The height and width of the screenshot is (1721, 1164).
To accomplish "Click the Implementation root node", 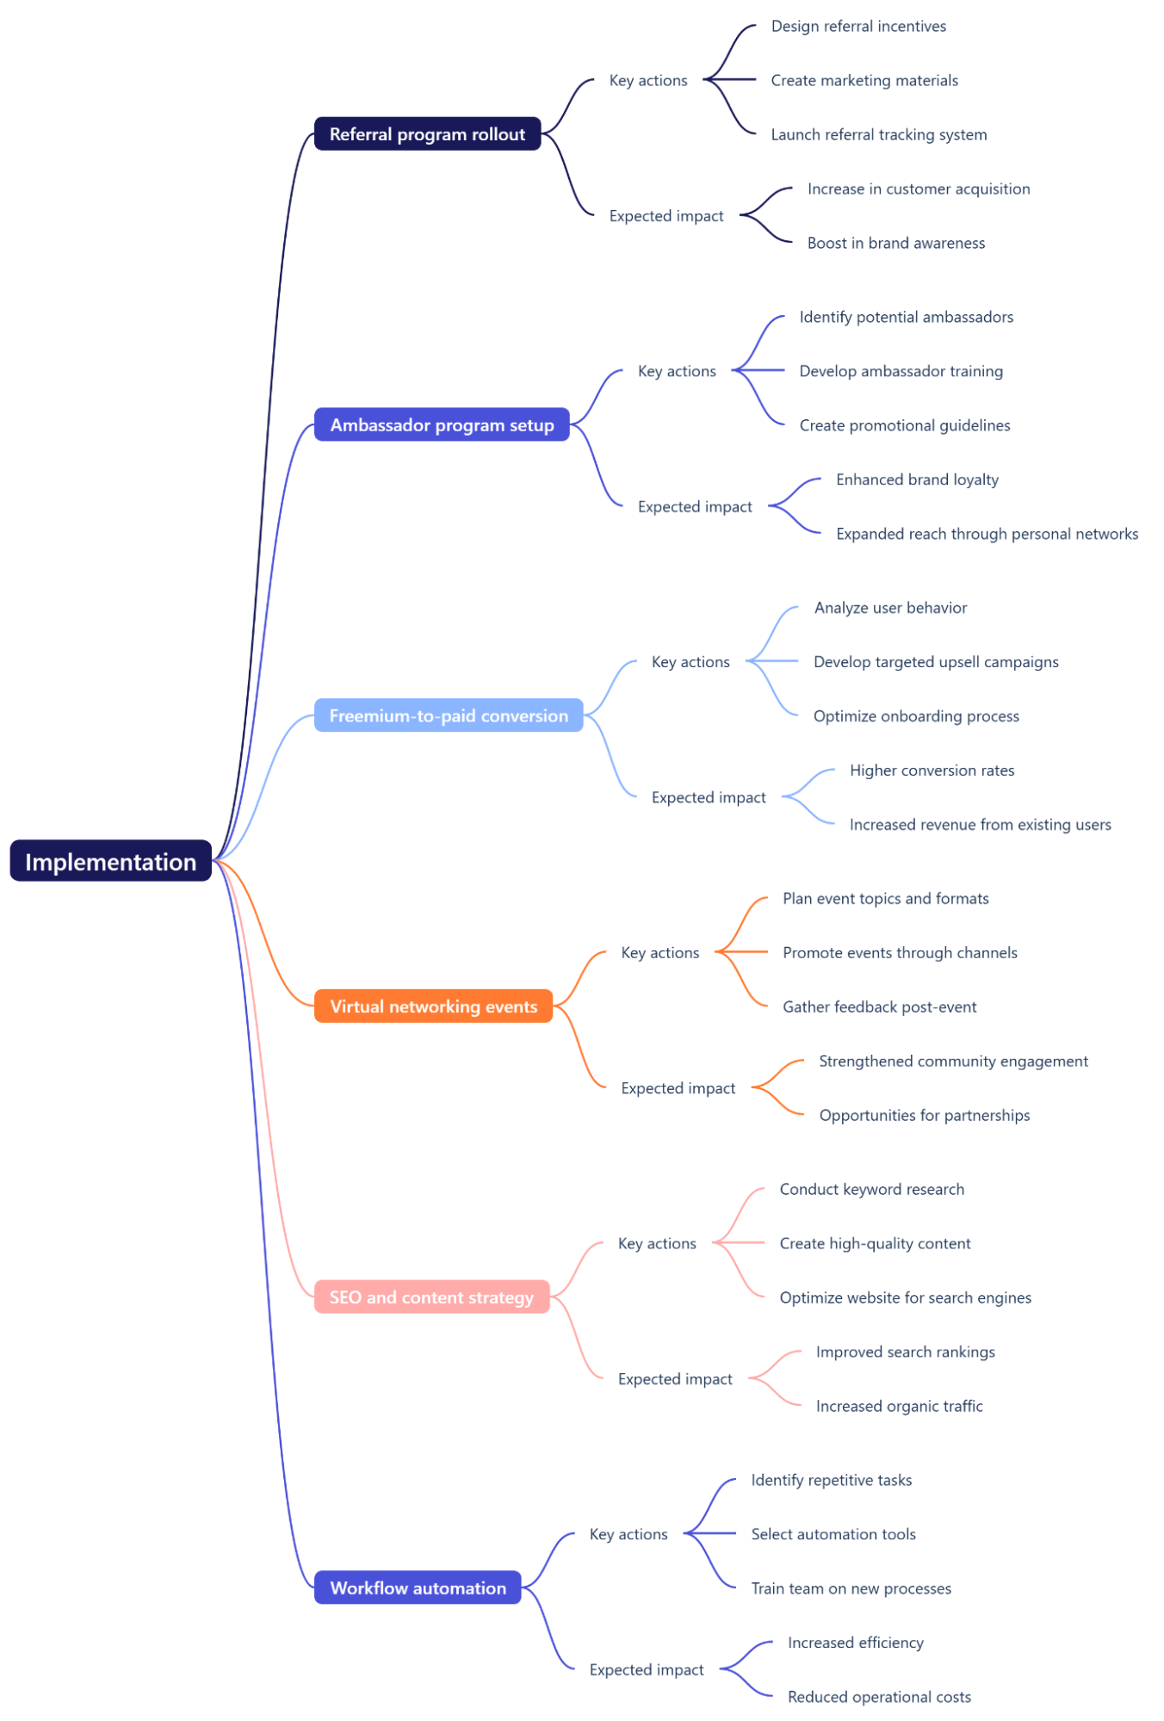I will pyautogui.click(x=110, y=861).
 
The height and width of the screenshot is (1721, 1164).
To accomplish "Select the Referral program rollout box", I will pyautogui.click(x=427, y=134).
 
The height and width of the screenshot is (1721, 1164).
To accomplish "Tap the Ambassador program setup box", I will pyautogui.click(x=442, y=424).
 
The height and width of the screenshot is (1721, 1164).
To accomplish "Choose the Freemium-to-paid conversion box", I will pyautogui.click(x=449, y=715).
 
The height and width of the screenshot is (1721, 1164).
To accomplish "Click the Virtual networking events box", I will pyautogui.click(x=433, y=1006).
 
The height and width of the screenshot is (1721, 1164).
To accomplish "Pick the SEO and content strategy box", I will pyautogui.click(x=431, y=1297).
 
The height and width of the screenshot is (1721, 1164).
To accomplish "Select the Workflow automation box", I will pyautogui.click(x=418, y=1588).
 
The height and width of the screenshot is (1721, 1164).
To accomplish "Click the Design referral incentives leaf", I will pyautogui.click(x=858, y=27).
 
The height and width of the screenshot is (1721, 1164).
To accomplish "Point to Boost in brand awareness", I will pyautogui.click(x=895, y=244).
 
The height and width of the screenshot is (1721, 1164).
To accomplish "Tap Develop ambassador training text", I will pyautogui.click(x=901, y=371).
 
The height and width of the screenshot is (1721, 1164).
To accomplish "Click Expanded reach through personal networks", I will pyautogui.click(x=987, y=534).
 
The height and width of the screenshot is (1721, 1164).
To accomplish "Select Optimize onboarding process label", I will pyautogui.click(x=916, y=716).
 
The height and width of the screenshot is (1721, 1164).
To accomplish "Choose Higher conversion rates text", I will pyautogui.click(x=932, y=771).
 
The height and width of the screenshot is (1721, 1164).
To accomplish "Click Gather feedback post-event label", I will pyautogui.click(x=879, y=1007).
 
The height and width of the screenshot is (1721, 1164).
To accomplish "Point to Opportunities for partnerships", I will pyautogui.click(x=924, y=1116).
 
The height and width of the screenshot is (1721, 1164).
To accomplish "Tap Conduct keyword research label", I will pyautogui.click(x=871, y=1190).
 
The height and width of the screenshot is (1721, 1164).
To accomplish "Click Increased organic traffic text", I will pyautogui.click(x=899, y=1407).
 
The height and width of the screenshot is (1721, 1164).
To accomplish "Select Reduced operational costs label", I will pyautogui.click(x=879, y=1697).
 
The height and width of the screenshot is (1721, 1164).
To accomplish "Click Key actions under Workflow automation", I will pyautogui.click(x=628, y=1534).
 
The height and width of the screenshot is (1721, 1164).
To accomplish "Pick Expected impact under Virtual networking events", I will pyautogui.click(x=678, y=1088).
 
